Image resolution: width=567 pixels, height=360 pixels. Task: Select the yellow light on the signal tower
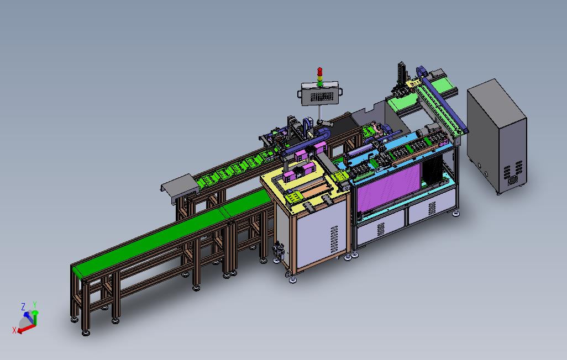pos(319,77)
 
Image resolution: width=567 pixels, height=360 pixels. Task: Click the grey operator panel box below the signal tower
pos(320,93)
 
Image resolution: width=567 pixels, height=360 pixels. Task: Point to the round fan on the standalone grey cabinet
pos(513,179)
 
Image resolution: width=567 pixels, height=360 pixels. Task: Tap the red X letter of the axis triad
pos(14,330)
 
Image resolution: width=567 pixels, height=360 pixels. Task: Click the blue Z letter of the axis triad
pos(23,307)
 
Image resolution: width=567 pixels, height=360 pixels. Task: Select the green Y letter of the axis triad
pos(35,305)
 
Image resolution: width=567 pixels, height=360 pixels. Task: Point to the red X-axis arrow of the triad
pos(26,328)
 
